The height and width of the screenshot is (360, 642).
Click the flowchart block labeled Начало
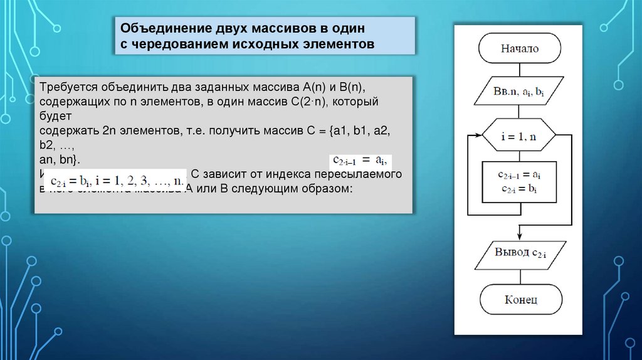click(520, 48)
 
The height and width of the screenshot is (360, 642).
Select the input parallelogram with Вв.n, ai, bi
click(520, 92)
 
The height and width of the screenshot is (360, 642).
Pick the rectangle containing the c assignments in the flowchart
click(520, 182)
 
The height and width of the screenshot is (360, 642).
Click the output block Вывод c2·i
click(520, 254)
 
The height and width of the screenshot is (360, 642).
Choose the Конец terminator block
click(520, 299)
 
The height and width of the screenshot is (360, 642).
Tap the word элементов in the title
click(338, 45)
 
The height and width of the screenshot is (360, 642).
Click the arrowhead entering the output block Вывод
click(520, 240)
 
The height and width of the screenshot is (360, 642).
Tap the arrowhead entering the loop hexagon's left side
click(479, 136)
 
